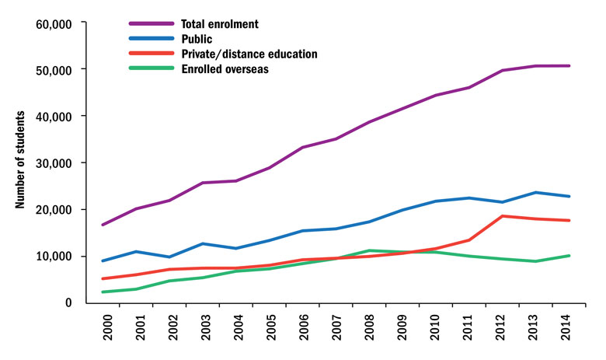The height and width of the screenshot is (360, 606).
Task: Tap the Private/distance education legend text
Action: pos(249,54)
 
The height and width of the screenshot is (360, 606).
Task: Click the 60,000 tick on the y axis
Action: pos(54,23)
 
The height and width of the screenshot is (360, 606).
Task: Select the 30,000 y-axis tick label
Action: pos(54,163)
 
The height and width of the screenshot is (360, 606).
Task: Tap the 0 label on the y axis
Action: pos(69,302)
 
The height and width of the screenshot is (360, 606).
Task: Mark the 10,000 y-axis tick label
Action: pos(54,257)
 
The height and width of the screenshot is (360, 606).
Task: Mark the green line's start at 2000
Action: pos(103,292)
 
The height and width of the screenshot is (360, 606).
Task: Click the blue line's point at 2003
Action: pos(203,243)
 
